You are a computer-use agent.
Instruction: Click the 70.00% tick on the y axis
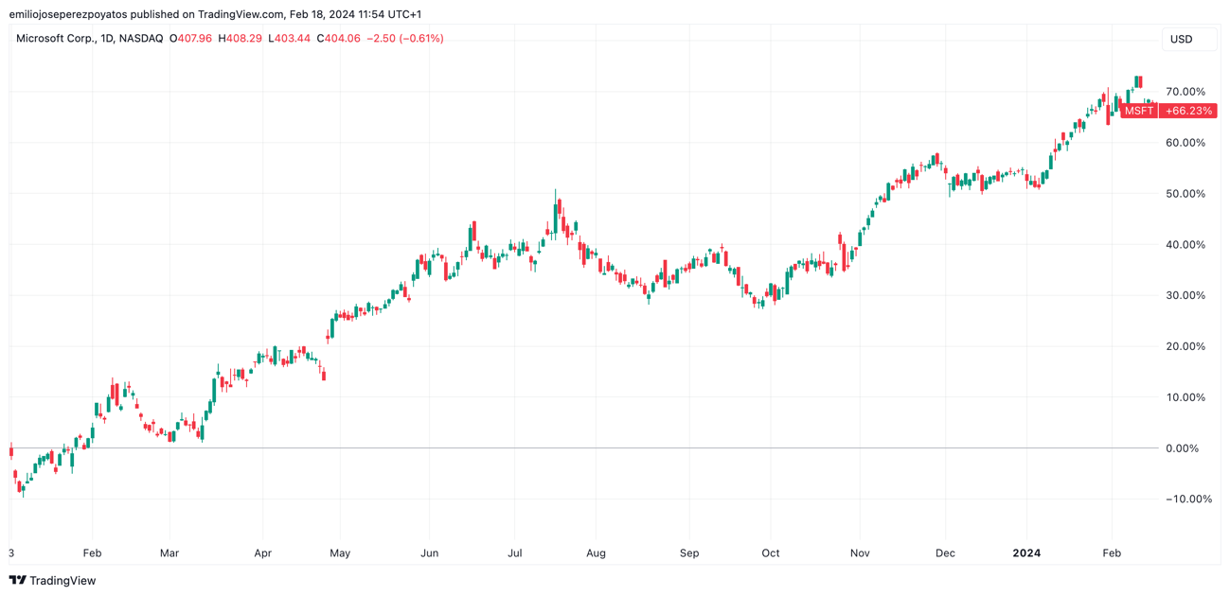pos(1185,92)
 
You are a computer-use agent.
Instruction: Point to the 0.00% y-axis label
pos(1188,448)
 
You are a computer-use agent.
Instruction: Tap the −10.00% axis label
pos(1188,500)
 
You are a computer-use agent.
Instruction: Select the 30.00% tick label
pos(1185,295)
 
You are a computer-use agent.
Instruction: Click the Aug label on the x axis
pos(596,553)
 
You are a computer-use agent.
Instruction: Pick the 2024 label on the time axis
pos(1026,553)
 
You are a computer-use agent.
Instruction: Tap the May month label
pos(340,553)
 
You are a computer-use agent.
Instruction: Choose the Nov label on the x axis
pos(860,553)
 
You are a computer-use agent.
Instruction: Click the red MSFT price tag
pos(1139,111)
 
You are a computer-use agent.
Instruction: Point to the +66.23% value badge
pos(1188,111)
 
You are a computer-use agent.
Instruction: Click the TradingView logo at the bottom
pos(53,581)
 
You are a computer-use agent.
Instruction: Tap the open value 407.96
pos(194,39)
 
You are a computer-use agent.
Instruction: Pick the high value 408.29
pos(243,39)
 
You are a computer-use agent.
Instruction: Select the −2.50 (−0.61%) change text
pos(404,39)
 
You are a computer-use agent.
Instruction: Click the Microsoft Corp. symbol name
pos(54,39)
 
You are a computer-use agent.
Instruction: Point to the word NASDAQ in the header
pos(141,39)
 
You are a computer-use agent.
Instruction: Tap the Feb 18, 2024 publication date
pos(324,14)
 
